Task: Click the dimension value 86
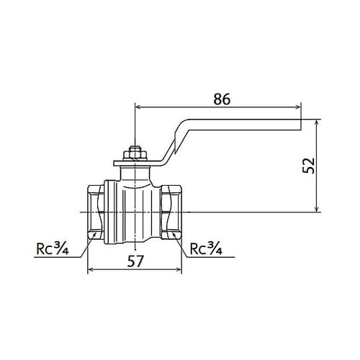coord(222,99)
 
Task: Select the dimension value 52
coord(309,166)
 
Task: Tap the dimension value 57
coord(135,261)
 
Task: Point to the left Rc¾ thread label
coord(53,248)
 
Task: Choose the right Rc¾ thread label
coord(206,248)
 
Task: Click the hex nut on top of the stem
coord(135,156)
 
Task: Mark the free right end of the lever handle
coord(301,125)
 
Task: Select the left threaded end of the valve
coord(96,212)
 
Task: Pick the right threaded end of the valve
coord(171,212)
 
